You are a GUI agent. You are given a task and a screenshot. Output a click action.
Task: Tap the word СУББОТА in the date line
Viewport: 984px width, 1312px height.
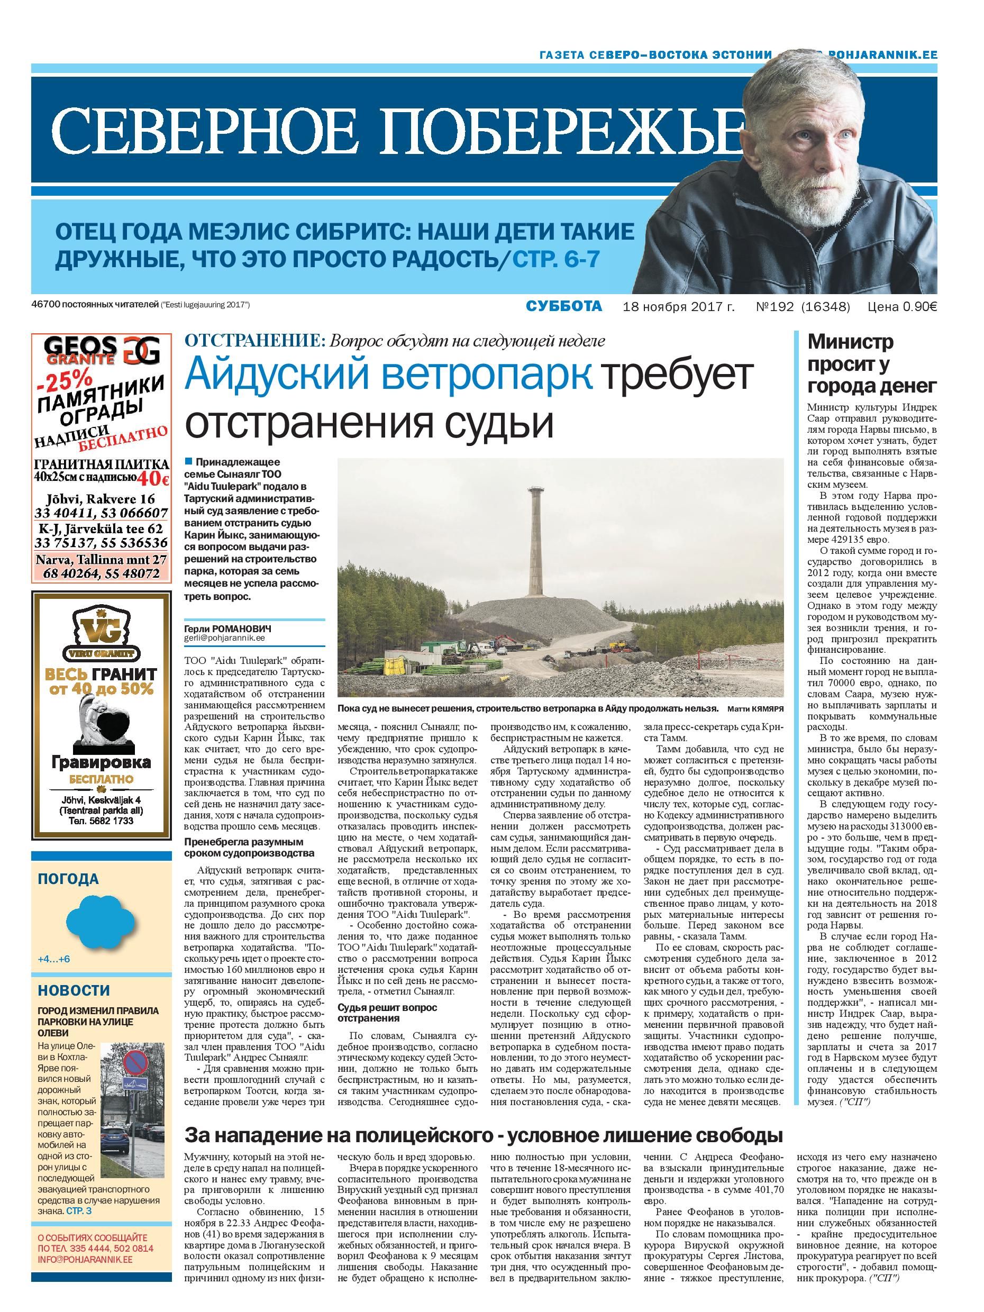(x=563, y=306)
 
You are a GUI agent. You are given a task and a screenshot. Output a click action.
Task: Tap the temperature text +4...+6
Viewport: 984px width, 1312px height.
(x=54, y=959)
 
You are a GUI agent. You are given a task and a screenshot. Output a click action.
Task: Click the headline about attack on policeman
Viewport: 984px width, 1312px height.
(x=483, y=1135)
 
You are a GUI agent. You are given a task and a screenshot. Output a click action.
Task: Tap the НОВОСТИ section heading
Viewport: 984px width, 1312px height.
(x=74, y=990)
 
